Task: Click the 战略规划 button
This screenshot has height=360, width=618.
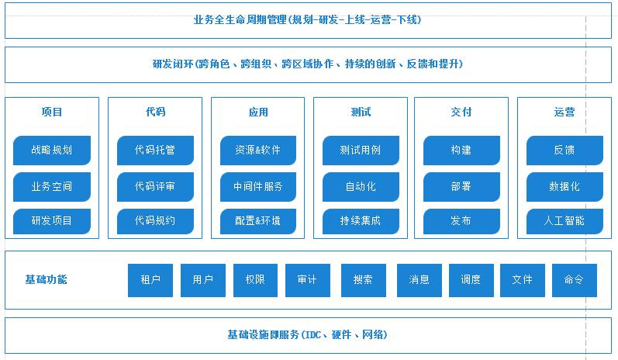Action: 52,151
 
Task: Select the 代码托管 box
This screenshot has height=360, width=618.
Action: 155,151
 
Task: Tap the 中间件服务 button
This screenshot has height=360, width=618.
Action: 257,187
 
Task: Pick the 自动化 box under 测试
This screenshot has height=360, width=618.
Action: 361,187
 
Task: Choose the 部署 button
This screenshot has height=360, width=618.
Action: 461,187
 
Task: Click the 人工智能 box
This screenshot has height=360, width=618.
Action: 564,221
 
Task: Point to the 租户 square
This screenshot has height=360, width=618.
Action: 150,280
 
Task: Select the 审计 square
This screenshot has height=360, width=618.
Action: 308,280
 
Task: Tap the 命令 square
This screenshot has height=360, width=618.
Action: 575,280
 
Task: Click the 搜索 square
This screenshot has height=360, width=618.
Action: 363,280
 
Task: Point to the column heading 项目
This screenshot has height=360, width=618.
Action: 52,112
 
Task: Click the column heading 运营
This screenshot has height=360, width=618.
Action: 564,112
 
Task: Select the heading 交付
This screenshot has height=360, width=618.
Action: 461,112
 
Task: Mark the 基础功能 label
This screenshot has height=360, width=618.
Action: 46,279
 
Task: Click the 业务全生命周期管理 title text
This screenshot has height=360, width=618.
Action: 308,19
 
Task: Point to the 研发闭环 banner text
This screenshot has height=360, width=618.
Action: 308,64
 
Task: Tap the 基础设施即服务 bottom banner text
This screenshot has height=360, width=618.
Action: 308,335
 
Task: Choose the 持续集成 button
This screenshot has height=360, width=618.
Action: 361,221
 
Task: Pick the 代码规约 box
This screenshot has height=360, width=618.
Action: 155,221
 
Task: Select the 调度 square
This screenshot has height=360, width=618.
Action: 471,280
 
